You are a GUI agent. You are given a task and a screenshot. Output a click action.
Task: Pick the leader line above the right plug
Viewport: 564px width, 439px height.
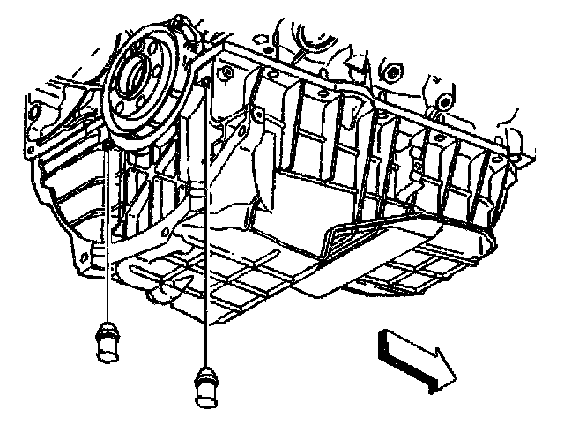click(206, 229)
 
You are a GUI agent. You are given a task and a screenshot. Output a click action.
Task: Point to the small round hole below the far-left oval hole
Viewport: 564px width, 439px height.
click(33, 151)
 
